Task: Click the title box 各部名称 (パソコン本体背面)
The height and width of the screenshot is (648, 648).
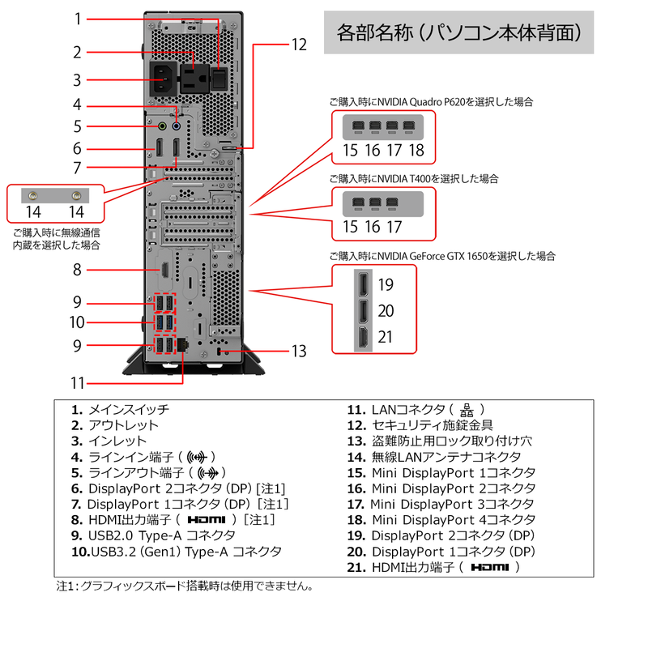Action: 458,33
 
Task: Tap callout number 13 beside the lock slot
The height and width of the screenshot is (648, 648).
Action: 299,352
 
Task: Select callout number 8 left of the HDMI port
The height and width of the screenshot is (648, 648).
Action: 77,270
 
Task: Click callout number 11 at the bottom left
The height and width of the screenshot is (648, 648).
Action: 77,382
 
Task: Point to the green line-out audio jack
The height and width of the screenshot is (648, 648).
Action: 161,126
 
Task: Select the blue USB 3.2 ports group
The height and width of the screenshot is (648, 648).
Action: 163,322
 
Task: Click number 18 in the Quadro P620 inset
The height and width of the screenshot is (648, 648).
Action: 416,150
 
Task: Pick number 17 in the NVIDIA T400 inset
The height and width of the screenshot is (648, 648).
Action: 394,228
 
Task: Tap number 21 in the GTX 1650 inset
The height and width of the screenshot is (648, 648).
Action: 386,336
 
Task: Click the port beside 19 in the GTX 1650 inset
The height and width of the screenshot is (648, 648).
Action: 363,285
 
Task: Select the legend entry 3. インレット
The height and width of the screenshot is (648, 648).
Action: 109,441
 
